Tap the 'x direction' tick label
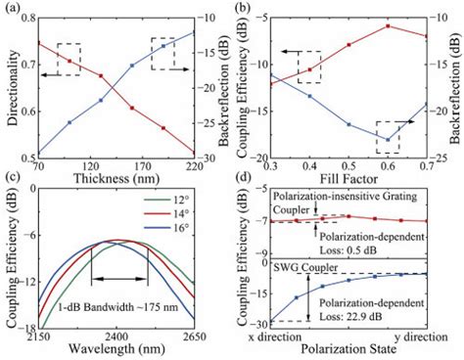click(277, 336)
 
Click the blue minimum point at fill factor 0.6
click(388, 139)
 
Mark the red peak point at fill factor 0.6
click(388, 26)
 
